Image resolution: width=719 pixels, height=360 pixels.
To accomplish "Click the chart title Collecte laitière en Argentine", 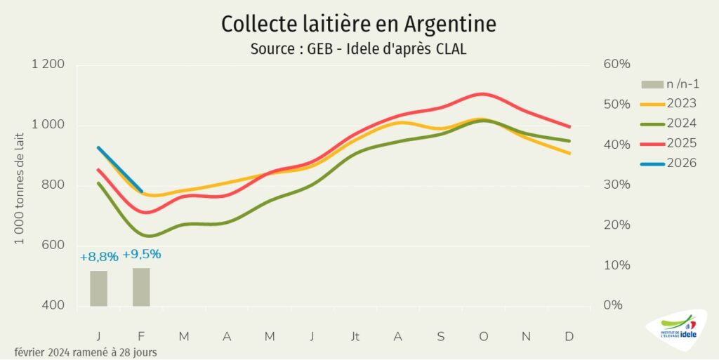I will click(x=359, y=23).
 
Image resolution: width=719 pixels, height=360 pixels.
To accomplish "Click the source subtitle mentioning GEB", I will click(x=359, y=50).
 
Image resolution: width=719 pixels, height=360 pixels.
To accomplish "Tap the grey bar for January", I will click(x=98, y=288).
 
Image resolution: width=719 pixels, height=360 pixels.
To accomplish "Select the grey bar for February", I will click(x=141, y=287).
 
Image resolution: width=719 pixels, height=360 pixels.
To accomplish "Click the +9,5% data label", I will click(x=142, y=254).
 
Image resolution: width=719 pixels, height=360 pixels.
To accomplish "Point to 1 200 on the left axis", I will click(x=48, y=65).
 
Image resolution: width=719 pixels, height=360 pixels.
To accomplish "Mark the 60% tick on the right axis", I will click(x=616, y=65).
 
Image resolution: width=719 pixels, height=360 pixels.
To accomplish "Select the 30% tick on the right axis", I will click(x=616, y=185).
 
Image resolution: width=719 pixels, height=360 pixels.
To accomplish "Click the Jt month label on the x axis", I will click(x=355, y=337).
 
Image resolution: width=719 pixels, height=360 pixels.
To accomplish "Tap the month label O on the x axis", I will click(x=483, y=337).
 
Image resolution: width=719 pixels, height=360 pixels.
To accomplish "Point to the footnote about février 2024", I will click(x=85, y=352).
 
